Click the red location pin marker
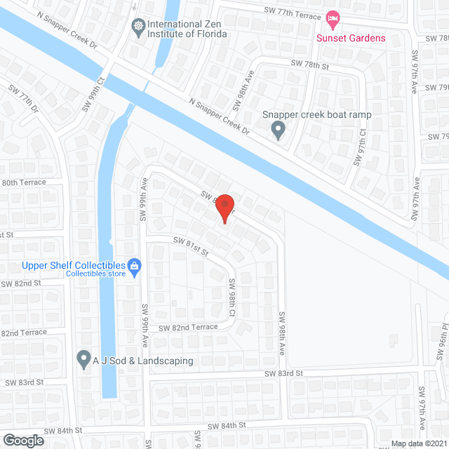(224, 208)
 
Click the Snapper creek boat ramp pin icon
(279, 130)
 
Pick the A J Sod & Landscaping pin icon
(83, 360)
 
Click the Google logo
(23, 440)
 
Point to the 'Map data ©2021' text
(419, 443)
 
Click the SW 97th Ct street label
(360, 146)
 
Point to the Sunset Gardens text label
(351, 38)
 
